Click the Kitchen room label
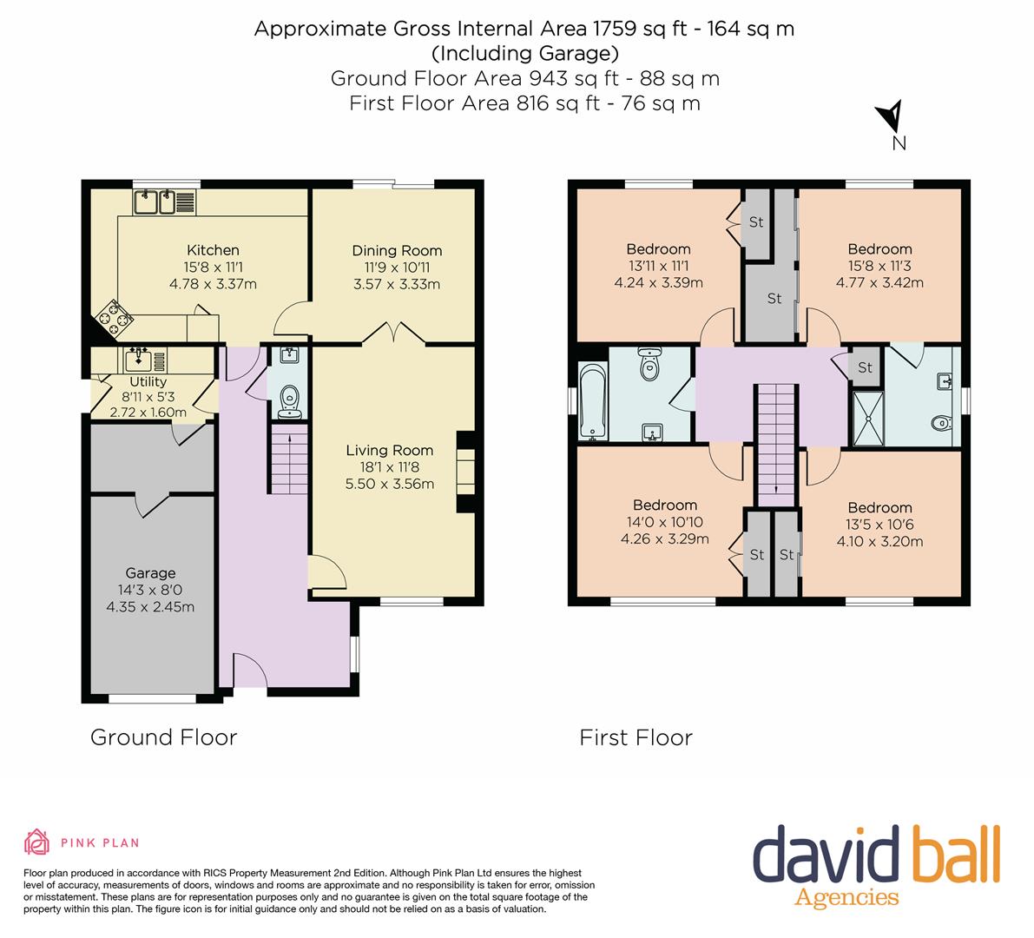click(213, 250)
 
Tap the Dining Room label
click(397, 251)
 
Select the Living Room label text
click(390, 451)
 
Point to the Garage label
click(150, 573)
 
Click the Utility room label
click(148, 382)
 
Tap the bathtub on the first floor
click(592, 400)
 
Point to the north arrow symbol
click(890, 116)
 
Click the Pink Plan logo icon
click(37, 842)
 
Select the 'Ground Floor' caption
click(163, 737)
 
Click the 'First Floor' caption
click(636, 737)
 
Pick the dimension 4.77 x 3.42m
click(879, 283)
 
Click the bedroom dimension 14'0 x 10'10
click(665, 522)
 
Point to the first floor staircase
click(776, 446)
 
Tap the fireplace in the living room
click(465, 472)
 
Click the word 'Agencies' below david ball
click(846, 897)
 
